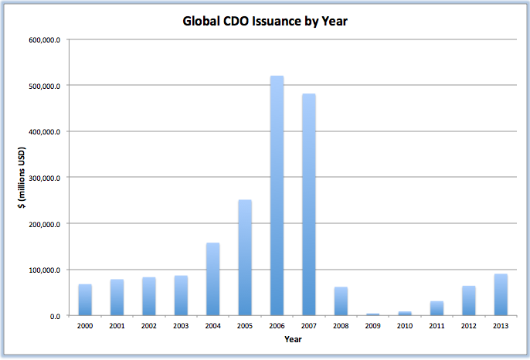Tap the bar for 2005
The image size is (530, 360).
245,258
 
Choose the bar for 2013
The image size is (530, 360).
500,295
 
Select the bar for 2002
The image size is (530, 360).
149,297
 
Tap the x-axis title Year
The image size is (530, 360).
293,339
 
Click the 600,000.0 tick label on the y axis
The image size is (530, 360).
46,39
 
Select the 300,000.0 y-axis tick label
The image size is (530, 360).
46,178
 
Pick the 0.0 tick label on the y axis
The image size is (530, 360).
56,316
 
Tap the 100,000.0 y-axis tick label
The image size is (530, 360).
46,270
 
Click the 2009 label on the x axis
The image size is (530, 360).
372,326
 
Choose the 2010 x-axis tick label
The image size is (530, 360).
405,326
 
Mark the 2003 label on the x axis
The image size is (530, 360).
181,326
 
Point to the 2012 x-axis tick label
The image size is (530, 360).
468,326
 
